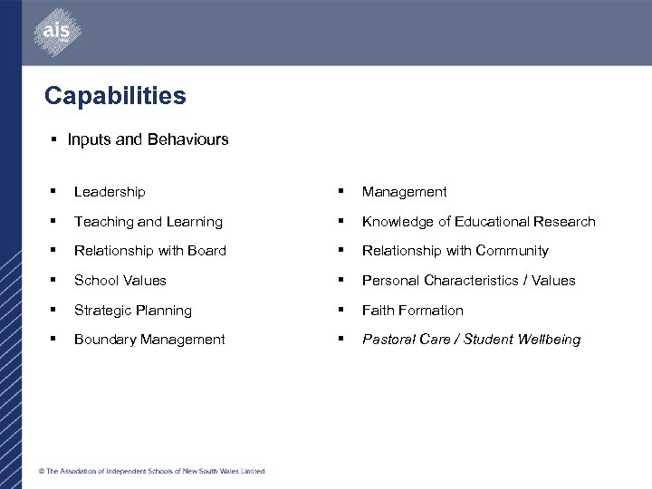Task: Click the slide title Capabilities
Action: pyautogui.click(x=115, y=96)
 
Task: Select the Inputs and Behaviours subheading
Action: pyautogui.click(x=148, y=139)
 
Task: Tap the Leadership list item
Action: pyautogui.click(x=110, y=192)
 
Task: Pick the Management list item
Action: pyautogui.click(x=404, y=192)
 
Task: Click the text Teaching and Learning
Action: pyautogui.click(x=148, y=222)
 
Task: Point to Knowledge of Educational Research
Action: pyautogui.click(x=478, y=222)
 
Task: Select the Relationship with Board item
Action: pyautogui.click(x=150, y=251)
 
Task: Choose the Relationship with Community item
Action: pyautogui.click(x=455, y=251)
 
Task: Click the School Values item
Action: pyautogui.click(x=120, y=281)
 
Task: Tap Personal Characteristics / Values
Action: pyautogui.click(x=468, y=281)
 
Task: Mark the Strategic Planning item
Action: pyautogui.click(x=133, y=311)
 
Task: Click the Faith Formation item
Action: pyautogui.click(x=412, y=311)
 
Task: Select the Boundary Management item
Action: pyautogui.click(x=149, y=340)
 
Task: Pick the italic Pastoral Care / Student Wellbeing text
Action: pyautogui.click(x=471, y=340)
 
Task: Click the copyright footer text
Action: pyautogui.click(x=151, y=471)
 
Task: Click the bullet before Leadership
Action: pyautogui.click(x=54, y=191)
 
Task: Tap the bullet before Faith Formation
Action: pyautogui.click(x=341, y=310)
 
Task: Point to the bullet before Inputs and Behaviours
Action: pyautogui.click(x=54, y=139)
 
